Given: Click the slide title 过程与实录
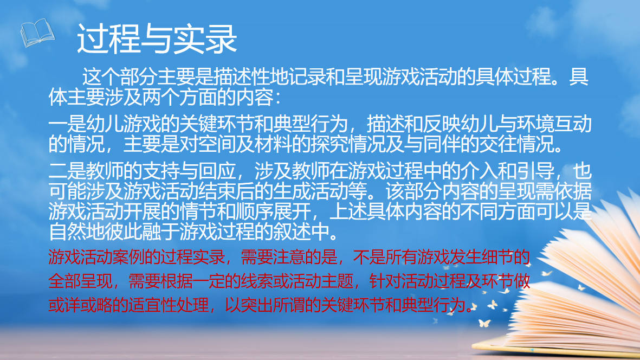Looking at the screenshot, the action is (157, 38).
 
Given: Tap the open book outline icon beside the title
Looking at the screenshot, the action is (37, 33).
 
